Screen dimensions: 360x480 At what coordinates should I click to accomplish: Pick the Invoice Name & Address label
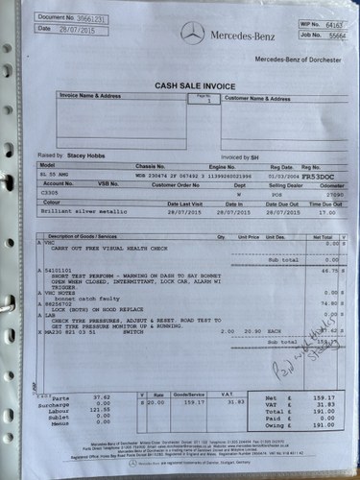[90, 96]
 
